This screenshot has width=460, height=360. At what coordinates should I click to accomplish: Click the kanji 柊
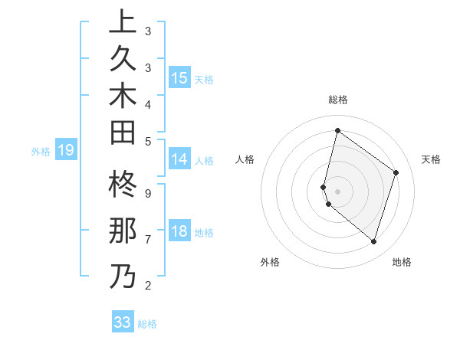pyautogui.click(x=123, y=187)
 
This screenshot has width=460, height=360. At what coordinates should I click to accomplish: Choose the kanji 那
pyautogui.click(x=123, y=232)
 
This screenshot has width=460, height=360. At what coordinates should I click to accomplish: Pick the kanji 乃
pyautogui.click(x=123, y=276)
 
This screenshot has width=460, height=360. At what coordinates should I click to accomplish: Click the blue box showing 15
pyautogui.click(x=179, y=78)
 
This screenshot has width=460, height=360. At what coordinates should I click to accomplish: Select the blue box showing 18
pyautogui.click(x=179, y=231)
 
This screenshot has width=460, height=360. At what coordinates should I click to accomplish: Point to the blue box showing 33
pyautogui.click(x=123, y=322)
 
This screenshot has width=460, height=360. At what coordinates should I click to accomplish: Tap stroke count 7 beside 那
pyautogui.click(x=147, y=240)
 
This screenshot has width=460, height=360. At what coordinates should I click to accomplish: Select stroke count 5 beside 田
pyautogui.click(x=147, y=141)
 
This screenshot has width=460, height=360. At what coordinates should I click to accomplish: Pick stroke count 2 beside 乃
pyautogui.click(x=147, y=286)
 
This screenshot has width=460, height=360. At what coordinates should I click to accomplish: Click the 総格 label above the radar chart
pyautogui.click(x=338, y=100)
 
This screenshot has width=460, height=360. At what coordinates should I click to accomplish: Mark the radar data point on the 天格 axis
pyautogui.click(x=396, y=172)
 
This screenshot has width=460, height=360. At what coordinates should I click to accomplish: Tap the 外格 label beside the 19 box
pyautogui.click(x=41, y=152)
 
